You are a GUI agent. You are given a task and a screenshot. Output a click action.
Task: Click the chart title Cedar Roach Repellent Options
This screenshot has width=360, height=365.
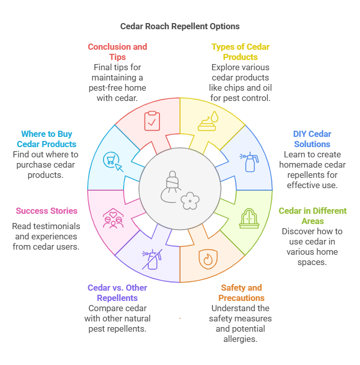[x=180, y=26]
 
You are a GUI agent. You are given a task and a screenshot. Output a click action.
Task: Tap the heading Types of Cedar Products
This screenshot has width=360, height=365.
[x=240, y=52]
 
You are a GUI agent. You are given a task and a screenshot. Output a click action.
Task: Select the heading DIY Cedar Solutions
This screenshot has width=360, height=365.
[x=312, y=139]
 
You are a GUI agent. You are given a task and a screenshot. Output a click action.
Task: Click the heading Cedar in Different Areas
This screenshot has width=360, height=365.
[x=312, y=216]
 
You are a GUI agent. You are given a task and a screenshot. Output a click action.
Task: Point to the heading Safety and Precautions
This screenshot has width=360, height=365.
[x=242, y=293]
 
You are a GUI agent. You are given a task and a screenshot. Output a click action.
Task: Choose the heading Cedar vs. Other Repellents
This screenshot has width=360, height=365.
[x=117, y=293]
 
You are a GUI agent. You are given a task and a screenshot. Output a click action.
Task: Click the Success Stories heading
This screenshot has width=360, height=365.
[x=47, y=211]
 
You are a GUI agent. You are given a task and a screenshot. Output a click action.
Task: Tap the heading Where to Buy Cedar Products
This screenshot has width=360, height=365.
[x=47, y=139]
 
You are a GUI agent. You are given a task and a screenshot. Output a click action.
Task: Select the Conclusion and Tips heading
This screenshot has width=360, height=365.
[x=117, y=52]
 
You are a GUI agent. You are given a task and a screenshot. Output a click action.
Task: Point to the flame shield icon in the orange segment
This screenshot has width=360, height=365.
[x=208, y=259]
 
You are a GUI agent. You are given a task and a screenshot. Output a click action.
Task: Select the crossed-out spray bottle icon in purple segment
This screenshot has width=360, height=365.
[x=151, y=259]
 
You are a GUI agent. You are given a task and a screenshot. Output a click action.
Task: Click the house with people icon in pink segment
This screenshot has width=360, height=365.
[x=112, y=218]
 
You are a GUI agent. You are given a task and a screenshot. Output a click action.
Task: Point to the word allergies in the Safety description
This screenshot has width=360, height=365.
[x=241, y=339]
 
